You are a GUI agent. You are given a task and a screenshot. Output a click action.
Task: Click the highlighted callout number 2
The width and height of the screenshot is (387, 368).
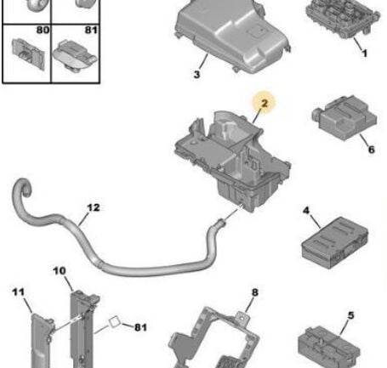tap(265, 103)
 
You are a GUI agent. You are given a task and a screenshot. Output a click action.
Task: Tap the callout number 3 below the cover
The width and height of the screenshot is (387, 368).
tap(196, 75)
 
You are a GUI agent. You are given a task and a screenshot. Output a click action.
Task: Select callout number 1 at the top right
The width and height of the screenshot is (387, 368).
tap(365, 53)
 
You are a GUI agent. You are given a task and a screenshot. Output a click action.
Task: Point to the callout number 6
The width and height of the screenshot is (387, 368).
tap(372, 150)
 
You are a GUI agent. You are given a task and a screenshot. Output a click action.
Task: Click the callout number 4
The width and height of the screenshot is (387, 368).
tap(306, 211)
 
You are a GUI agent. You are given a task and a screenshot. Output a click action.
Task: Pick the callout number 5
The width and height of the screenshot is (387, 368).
tap(351, 315)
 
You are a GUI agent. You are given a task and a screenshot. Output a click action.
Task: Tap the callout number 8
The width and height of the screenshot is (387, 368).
tap(255, 292)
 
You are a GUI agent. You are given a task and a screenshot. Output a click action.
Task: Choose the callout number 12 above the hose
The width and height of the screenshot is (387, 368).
tap(94, 207)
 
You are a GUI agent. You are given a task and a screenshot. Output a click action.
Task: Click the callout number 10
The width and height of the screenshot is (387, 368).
tap(60, 271)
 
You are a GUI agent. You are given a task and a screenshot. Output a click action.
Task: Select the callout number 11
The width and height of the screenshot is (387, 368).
tap(19, 292)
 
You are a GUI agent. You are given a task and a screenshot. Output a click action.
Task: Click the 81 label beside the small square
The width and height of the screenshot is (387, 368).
tap(140, 327)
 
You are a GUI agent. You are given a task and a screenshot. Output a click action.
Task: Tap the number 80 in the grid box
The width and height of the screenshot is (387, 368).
tap(43, 30)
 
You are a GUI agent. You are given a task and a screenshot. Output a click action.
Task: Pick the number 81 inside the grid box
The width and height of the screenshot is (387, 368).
tap(91, 30)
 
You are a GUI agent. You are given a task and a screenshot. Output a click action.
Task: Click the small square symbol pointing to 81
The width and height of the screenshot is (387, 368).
tap(115, 322)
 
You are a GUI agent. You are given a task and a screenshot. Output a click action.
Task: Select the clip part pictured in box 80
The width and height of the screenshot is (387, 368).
tap(28, 54)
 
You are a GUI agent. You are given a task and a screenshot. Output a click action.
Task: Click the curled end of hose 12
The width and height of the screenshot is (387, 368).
tap(23, 188)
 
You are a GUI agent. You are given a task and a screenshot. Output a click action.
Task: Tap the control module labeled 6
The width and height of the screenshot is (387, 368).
tap(344, 117)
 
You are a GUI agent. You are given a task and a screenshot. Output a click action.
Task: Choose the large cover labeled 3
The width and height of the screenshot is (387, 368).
tap(232, 36)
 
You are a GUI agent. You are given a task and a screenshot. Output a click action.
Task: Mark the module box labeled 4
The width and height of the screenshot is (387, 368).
tap(335, 242)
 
